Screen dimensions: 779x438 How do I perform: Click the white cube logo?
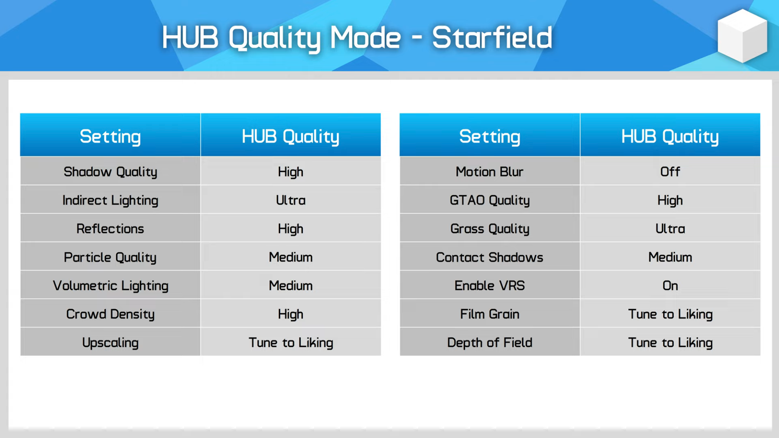[x=742, y=36]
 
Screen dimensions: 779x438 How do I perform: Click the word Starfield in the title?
[x=492, y=38]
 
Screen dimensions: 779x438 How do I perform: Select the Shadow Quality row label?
[x=110, y=172]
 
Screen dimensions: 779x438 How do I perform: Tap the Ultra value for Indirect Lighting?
[x=291, y=200]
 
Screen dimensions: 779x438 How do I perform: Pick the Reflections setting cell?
[x=110, y=229]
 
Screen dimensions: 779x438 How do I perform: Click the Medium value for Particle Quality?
[x=291, y=257]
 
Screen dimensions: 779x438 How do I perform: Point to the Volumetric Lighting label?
[x=110, y=286]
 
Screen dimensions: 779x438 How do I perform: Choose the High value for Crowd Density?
[x=291, y=314]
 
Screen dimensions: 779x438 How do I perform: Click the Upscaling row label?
[x=110, y=343]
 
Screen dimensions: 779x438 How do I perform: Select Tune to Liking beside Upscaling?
[x=291, y=343]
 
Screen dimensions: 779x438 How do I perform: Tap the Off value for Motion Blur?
[x=670, y=172]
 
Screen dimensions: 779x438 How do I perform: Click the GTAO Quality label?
[x=490, y=200]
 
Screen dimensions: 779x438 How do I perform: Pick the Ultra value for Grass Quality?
[x=670, y=229]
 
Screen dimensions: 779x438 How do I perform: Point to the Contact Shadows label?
[x=490, y=257]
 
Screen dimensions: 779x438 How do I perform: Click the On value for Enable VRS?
[x=670, y=286]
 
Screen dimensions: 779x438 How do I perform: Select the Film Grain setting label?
[x=490, y=314]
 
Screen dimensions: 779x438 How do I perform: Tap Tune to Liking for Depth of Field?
[x=670, y=343]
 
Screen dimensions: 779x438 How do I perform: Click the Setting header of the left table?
[x=110, y=137]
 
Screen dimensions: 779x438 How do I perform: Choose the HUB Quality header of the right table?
[x=670, y=137]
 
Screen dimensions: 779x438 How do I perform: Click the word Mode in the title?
[x=365, y=38]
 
